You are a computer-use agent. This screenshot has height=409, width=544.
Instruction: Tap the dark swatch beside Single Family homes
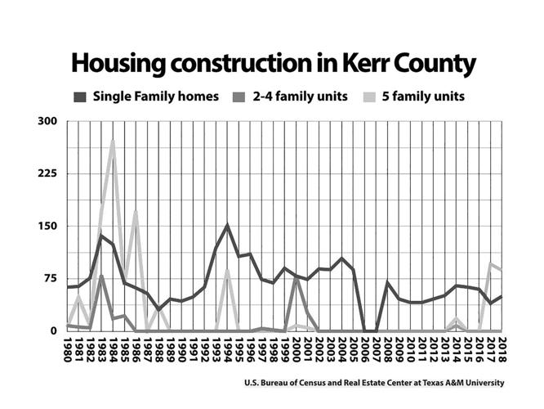click(x=80, y=97)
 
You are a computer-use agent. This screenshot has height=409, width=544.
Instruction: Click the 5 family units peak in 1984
click(x=113, y=141)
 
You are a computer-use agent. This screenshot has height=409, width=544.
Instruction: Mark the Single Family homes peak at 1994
click(x=227, y=225)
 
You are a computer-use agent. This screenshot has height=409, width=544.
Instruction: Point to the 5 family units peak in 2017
click(x=490, y=263)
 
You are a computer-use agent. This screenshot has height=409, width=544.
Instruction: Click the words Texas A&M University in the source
click(x=457, y=383)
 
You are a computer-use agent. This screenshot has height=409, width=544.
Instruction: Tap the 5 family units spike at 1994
click(x=227, y=271)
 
